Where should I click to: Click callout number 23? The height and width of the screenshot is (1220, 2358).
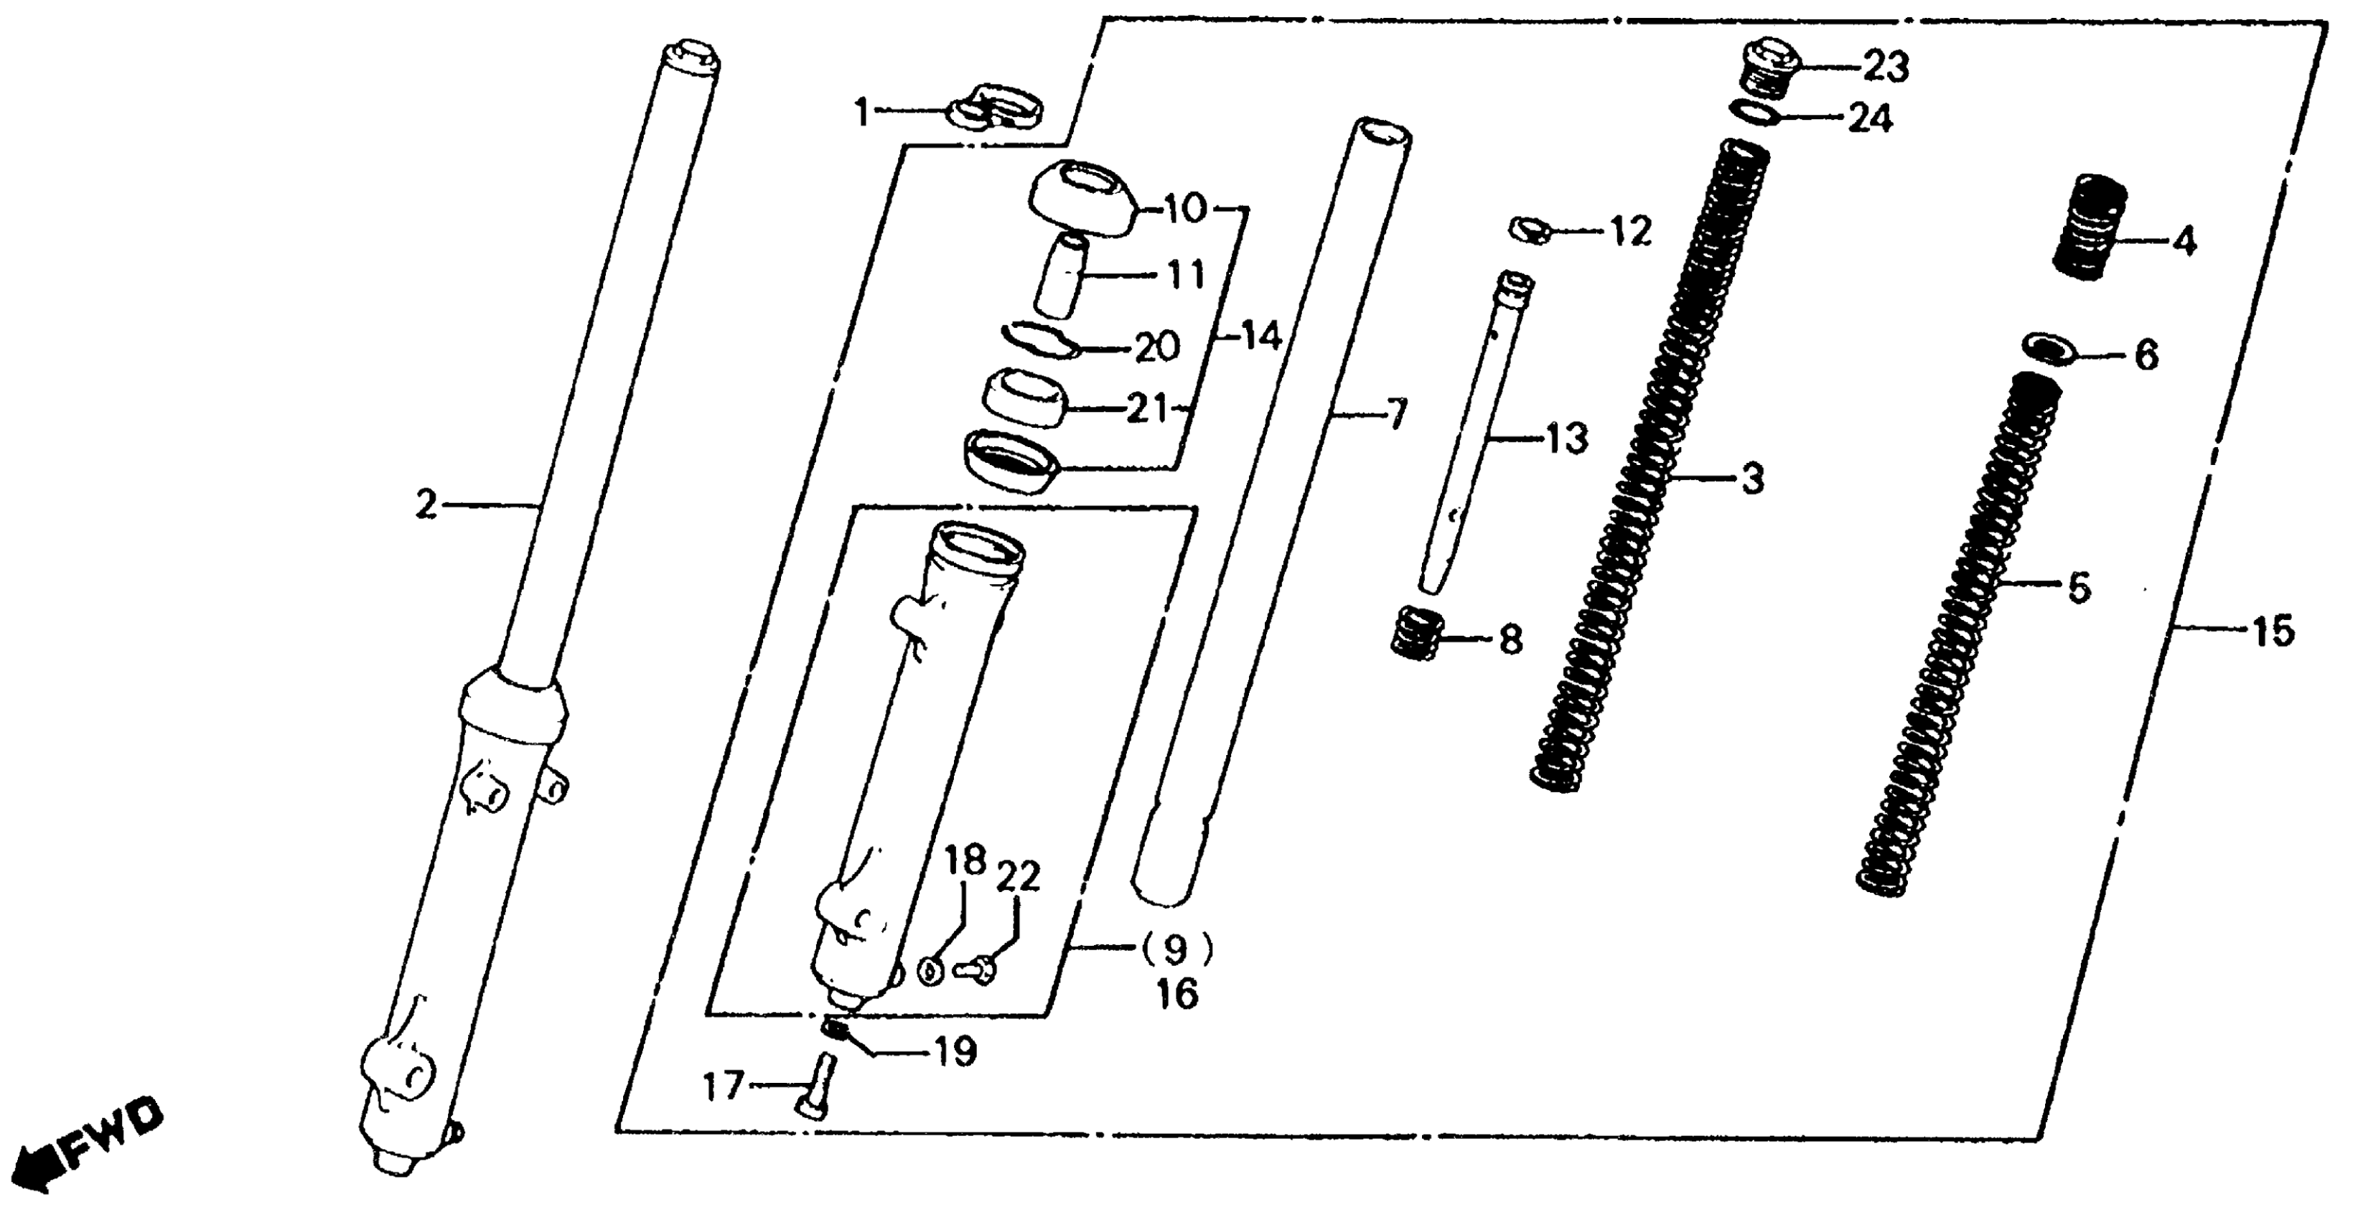point(1886,67)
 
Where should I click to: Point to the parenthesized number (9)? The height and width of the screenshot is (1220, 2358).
point(1176,950)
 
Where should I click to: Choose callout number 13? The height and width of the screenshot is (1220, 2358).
point(1566,439)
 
